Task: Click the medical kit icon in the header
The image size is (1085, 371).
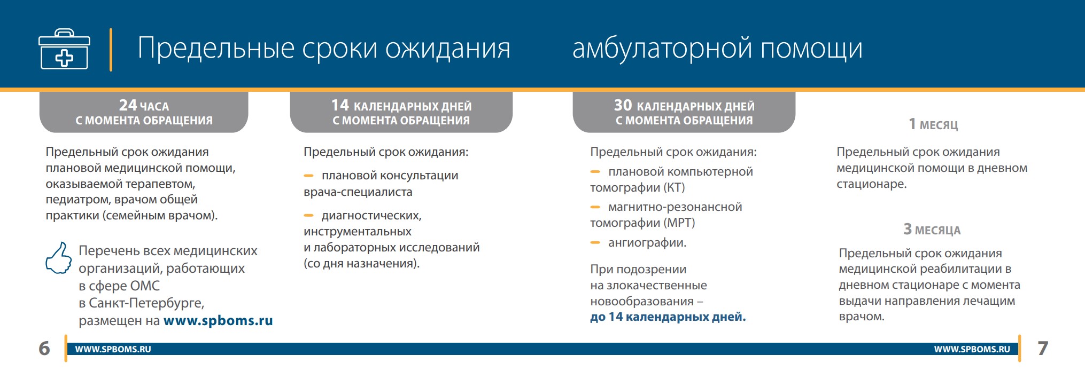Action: click(x=64, y=49)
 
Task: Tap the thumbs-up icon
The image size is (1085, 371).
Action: click(x=59, y=258)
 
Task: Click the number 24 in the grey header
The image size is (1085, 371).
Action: click(x=128, y=105)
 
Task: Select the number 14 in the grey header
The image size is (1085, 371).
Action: click(x=340, y=105)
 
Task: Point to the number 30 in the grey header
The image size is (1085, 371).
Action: click(x=623, y=105)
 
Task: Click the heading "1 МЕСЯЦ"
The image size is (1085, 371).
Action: click(x=933, y=124)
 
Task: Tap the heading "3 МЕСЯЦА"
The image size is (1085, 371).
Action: click(x=932, y=230)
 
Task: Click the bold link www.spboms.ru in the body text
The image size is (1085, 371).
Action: click(x=218, y=321)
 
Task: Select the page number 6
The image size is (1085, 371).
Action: click(x=44, y=349)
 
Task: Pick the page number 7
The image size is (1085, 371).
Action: click(x=1043, y=349)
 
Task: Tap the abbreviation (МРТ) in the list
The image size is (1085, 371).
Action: click(x=679, y=223)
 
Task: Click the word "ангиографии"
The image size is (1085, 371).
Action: click(x=646, y=243)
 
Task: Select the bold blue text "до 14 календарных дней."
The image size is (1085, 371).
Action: click(x=668, y=317)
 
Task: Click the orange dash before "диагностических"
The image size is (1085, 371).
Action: click(x=308, y=216)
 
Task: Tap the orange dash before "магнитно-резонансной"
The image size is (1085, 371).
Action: click(x=595, y=207)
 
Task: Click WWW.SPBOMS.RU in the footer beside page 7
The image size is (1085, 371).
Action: click(x=972, y=349)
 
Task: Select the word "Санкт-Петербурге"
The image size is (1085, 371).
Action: click(x=145, y=303)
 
